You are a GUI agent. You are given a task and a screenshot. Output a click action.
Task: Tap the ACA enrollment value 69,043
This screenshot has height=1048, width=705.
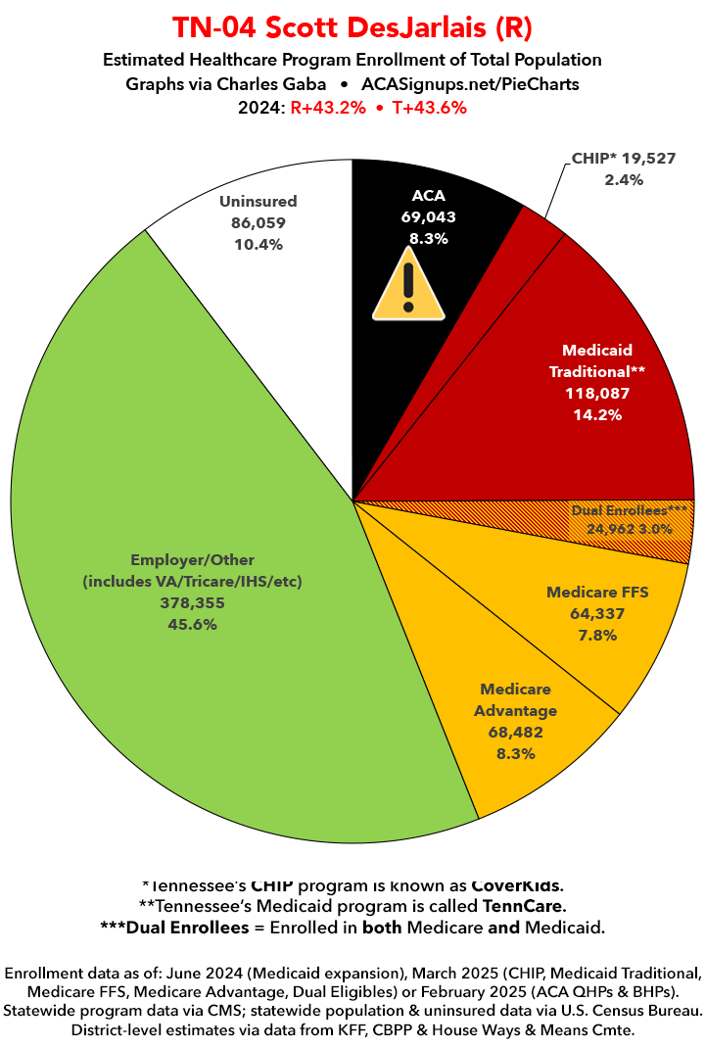tap(428, 217)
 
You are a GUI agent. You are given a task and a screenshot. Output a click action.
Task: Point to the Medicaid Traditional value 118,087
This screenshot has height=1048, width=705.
tap(597, 393)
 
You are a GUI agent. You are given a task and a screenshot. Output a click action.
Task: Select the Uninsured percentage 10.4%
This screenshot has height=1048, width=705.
tap(258, 244)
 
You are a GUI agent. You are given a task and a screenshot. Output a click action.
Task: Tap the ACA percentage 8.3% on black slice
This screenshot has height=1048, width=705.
tap(428, 239)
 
